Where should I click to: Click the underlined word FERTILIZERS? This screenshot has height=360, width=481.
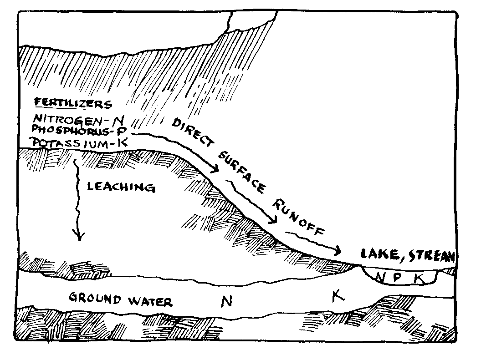pos(73,103)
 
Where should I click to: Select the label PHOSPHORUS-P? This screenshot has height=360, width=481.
pos(79,131)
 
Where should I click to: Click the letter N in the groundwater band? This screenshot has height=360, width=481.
pos(225,300)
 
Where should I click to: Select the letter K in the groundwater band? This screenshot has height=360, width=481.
pos(337,296)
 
